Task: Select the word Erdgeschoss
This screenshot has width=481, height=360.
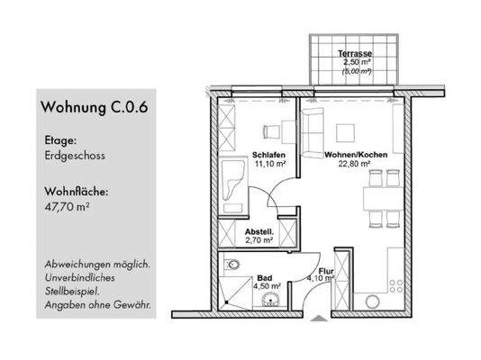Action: pyautogui.click(x=73, y=156)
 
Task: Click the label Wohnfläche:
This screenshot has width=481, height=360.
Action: pyautogui.click(x=75, y=191)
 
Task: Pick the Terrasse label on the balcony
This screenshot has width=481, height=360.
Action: pyautogui.click(x=353, y=54)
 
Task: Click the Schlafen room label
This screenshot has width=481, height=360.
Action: pyautogui.click(x=269, y=154)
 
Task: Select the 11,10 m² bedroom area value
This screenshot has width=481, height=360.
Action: pyautogui.click(x=269, y=165)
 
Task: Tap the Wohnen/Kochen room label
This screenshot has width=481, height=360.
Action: pyautogui.click(x=358, y=154)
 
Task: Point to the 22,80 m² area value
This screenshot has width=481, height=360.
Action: pyautogui.click(x=358, y=165)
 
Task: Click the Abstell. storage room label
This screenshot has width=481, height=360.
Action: pyautogui.click(x=260, y=231)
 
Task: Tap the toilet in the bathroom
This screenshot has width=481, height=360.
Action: pyautogui.click(x=233, y=265)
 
